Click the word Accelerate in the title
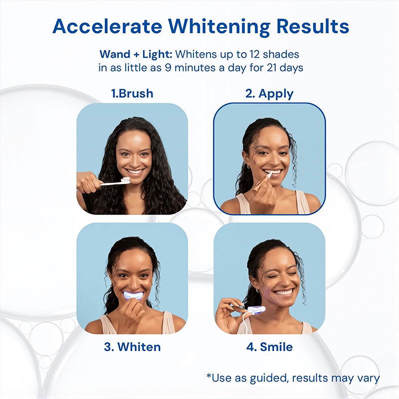[x=107, y=26]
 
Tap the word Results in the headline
[x=313, y=26]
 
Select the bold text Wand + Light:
[x=136, y=54]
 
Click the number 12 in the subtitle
[x=254, y=54]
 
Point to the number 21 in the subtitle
[x=272, y=68]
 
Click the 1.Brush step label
[x=132, y=93]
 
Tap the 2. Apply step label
[x=269, y=94]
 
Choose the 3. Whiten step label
[x=132, y=347]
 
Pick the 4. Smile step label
[x=269, y=347]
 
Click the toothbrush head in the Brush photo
[x=125, y=181]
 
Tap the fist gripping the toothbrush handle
[x=89, y=182]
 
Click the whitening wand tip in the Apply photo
[x=269, y=175]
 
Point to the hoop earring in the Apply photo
[x=248, y=167]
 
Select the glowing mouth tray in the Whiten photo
[x=133, y=295]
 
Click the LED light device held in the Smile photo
[x=256, y=310]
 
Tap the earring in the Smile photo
[x=257, y=290]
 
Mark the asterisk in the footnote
[x=209, y=376]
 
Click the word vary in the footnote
[x=369, y=379]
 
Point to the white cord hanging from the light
[x=245, y=321]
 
